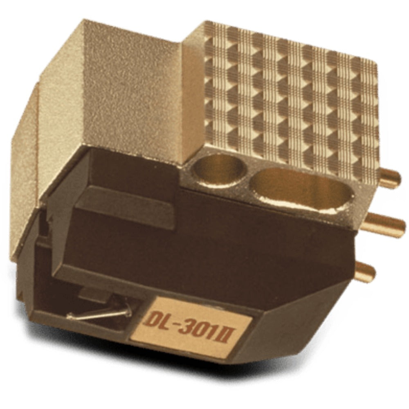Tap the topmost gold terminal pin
point(389,178)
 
